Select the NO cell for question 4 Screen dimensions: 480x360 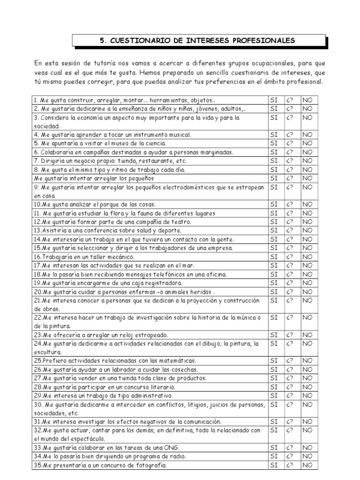tap(307, 135)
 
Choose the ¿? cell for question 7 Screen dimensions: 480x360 tap(291, 161)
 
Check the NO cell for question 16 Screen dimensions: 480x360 tap(307, 257)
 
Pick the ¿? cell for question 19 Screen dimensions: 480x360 tap(291, 283)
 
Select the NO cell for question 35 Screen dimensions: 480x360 tap(307, 465)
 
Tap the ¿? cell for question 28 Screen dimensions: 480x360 tap(291, 387)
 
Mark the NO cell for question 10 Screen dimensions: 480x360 tap(307, 204)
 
